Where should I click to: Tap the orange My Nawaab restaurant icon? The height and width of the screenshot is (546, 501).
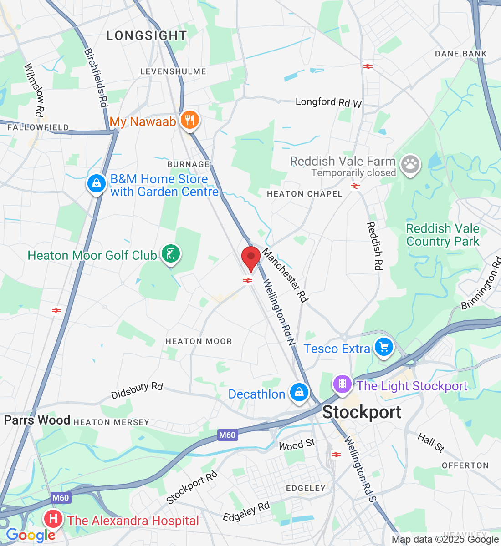[190, 120]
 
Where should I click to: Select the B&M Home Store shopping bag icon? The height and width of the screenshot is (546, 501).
[96, 184]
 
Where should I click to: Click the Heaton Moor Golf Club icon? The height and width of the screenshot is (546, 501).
[171, 254]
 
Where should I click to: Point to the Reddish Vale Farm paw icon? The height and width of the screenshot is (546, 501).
[410, 165]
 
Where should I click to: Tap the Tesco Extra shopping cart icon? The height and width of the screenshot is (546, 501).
[384, 348]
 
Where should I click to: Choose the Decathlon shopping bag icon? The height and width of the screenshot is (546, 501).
[299, 393]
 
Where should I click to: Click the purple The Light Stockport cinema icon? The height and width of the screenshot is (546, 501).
[343, 384]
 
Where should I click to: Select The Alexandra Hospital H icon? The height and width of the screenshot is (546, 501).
[53, 519]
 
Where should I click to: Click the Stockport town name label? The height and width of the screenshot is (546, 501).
[362, 412]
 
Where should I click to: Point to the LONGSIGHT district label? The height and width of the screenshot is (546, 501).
[147, 35]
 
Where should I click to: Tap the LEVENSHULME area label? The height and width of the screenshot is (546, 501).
[173, 71]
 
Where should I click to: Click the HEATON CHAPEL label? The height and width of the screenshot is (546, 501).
[304, 194]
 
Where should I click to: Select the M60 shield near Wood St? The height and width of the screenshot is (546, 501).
[227, 435]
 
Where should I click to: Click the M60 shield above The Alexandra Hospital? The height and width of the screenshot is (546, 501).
[61, 498]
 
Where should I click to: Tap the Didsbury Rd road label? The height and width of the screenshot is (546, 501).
[137, 391]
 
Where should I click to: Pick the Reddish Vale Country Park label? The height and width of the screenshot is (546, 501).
[443, 235]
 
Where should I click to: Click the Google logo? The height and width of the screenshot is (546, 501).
[30, 536]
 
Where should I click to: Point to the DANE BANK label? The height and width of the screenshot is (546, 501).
[460, 54]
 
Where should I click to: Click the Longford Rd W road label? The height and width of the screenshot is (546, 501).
[328, 102]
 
